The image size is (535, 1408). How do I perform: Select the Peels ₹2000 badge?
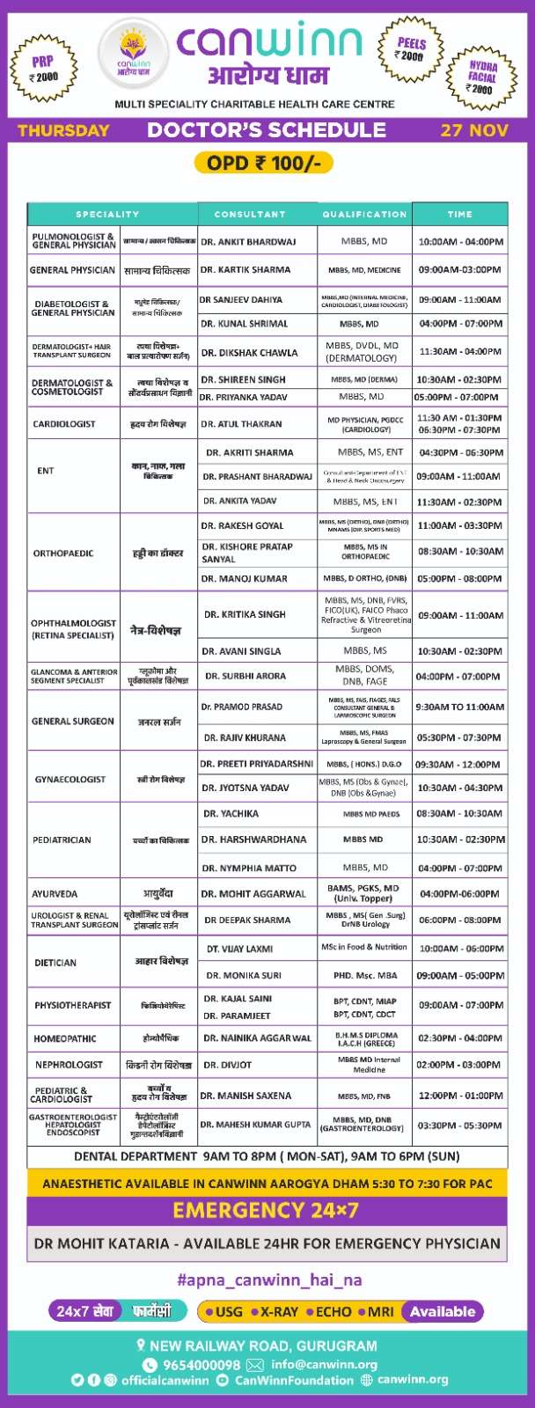point(411,49)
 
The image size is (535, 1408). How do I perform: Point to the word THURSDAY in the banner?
point(64,130)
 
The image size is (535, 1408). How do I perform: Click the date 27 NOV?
point(474,130)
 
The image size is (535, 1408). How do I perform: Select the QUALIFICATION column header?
point(364,214)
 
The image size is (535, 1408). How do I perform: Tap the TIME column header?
point(459,214)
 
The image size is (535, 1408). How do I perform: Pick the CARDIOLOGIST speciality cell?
point(64,424)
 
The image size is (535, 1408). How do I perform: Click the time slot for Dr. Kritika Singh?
point(460,615)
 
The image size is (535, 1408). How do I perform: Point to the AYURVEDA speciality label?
point(55,894)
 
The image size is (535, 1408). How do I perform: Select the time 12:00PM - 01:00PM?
point(460,1096)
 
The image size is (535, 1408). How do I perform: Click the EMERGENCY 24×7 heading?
point(266,1210)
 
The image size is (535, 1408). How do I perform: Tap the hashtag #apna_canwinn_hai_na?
point(269,1280)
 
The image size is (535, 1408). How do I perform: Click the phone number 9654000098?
point(203,1365)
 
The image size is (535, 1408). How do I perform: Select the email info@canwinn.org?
point(324,1365)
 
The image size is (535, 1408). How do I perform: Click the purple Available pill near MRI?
point(443,1311)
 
